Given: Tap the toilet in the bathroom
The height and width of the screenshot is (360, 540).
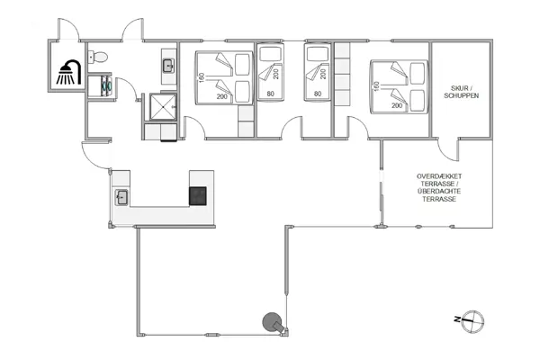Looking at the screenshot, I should click(x=100, y=59).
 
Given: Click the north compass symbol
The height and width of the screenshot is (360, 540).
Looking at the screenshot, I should click(x=475, y=319).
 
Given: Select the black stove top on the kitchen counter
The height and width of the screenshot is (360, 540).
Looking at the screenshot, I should click(x=197, y=195).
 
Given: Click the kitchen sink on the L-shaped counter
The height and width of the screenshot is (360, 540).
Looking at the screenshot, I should click(x=121, y=195).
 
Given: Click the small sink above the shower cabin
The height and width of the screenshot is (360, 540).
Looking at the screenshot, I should click(x=168, y=65).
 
